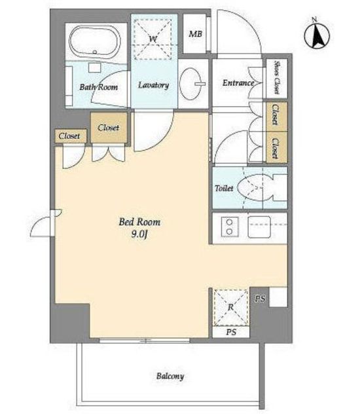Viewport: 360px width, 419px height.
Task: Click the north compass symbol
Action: pos(317,35)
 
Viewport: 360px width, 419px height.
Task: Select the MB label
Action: pos(196,34)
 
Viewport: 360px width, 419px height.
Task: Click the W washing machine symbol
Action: pos(153,39)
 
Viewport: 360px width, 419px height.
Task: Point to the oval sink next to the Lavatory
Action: pos(190,84)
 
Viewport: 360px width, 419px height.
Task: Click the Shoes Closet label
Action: pos(277,78)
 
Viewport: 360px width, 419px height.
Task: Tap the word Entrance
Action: pos(238,83)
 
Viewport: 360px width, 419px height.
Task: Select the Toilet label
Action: pos(224,188)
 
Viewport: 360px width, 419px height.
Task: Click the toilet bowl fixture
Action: pos(251,188)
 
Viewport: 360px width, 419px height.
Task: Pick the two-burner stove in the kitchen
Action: pos(229,227)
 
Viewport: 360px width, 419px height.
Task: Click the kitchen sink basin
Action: pos(259,227)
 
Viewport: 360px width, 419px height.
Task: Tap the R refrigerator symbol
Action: pos(231,308)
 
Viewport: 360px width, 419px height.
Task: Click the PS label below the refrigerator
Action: pos(231,332)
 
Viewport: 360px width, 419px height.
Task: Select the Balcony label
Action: pos(170,376)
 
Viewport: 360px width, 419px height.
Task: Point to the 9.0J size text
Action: pos(139,234)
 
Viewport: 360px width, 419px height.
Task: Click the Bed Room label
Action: pos(139,222)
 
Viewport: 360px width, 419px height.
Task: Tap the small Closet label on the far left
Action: pos(69,136)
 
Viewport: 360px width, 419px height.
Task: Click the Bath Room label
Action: pos(99,87)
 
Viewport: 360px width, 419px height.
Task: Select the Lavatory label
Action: pos(154,85)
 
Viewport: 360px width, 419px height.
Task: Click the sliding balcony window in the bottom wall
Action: pos(145,340)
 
